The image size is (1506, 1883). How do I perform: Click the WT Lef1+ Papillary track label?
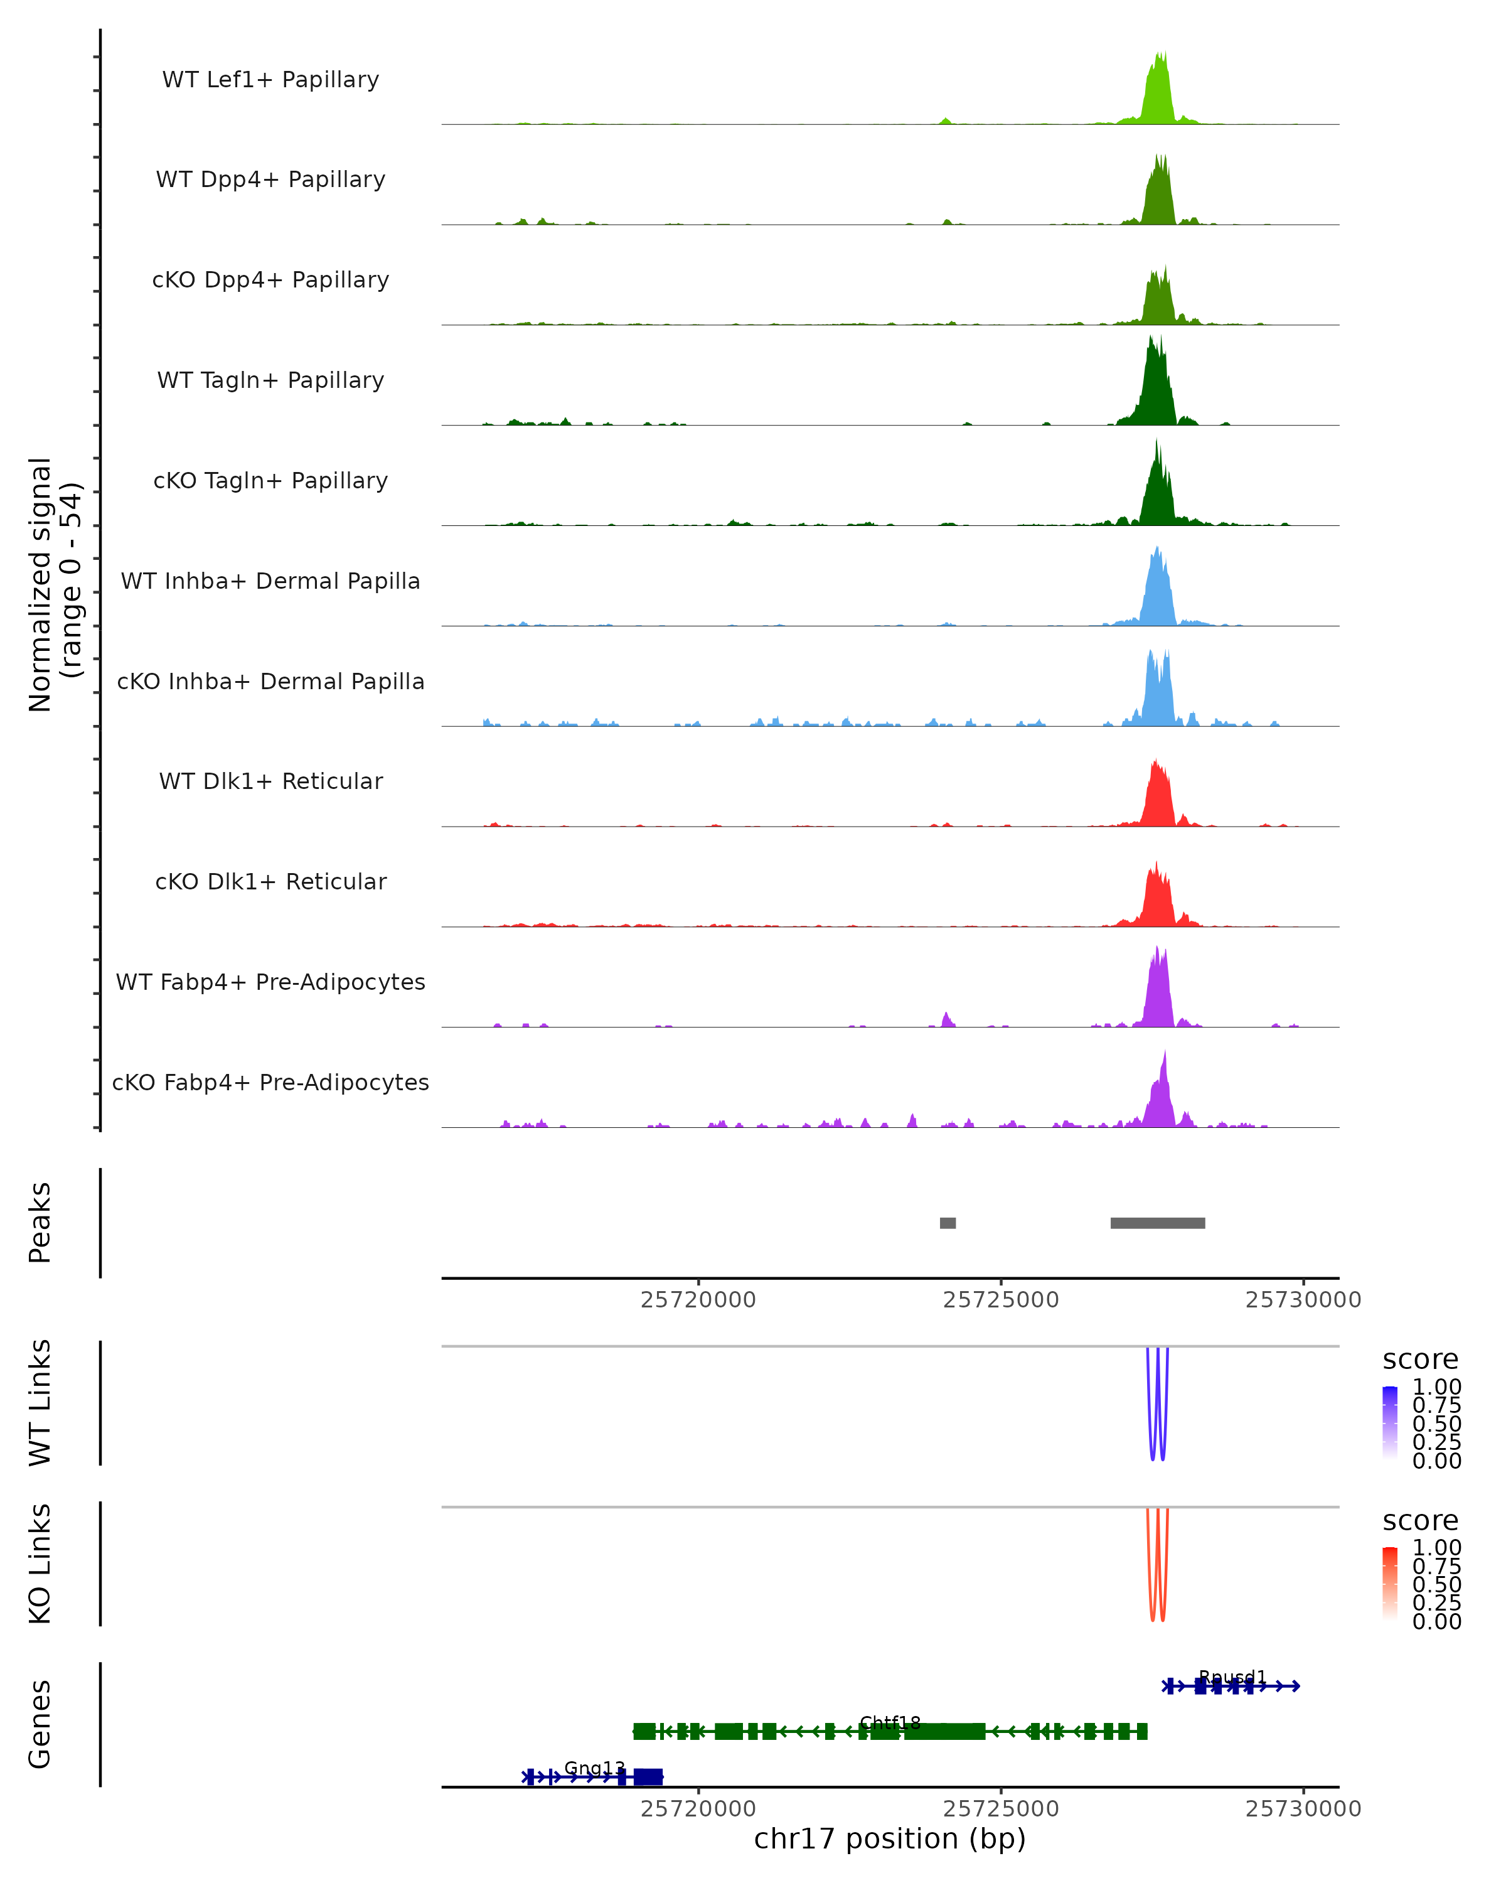click(270, 80)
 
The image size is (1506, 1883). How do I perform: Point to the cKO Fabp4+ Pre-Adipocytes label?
click(270, 1082)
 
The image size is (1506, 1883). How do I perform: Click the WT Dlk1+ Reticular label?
click(270, 781)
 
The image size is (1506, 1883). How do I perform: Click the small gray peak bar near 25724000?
click(948, 1223)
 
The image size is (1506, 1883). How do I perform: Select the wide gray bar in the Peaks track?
click(1158, 1223)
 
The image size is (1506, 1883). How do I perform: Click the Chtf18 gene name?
click(890, 1722)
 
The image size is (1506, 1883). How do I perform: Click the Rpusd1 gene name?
click(1232, 1677)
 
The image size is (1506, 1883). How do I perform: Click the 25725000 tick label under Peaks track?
click(1000, 1300)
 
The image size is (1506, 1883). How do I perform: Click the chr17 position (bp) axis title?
click(890, 1838)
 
